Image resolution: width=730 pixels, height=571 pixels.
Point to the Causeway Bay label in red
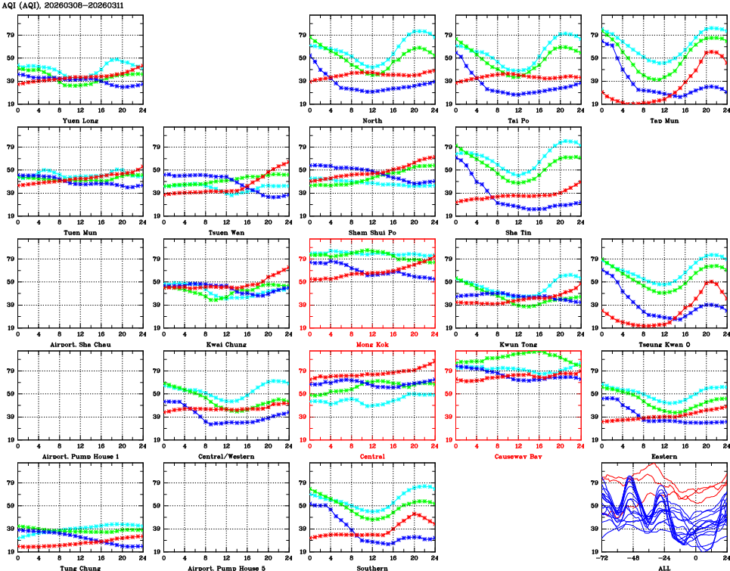(x=517, y=456)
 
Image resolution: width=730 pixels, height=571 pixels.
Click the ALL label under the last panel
(x=663, y=567)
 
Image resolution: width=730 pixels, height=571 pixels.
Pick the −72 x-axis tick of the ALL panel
(x=601, y=558)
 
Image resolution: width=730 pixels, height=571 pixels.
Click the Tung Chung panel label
(x=79, y=567)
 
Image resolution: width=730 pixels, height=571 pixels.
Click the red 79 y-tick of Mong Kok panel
(x=301, y=259)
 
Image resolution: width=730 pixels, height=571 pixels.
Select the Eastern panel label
(x=663, y=456)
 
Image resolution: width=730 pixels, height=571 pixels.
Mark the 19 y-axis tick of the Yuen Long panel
(x=9, y=104)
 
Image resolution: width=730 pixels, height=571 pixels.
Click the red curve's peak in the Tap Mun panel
(x=710, y=51)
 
